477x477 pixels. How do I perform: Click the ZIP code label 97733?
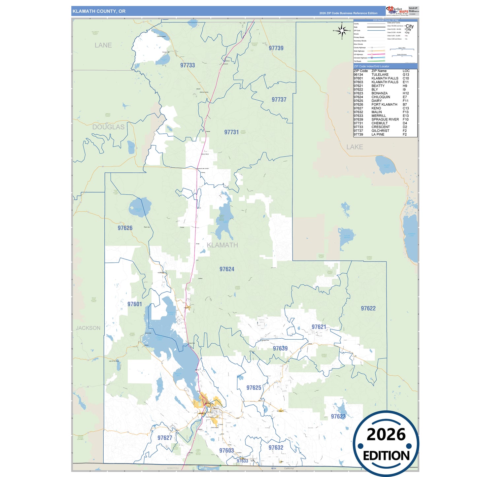[187, 65]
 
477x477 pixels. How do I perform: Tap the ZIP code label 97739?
[276, 48]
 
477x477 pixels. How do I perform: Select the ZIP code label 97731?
[231, 132]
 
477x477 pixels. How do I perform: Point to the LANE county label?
[103, 45]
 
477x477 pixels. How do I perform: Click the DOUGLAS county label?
[108, 127]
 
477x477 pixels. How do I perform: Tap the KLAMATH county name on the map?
[222, 245]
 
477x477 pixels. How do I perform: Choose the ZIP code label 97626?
[125, 228]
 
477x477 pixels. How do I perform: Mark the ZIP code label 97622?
[368, 308]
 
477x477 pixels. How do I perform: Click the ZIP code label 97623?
[338, 416]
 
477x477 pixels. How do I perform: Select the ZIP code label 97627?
[165, 438]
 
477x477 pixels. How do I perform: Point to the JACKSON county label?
[88, 328]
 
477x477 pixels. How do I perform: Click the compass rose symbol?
[342, 31]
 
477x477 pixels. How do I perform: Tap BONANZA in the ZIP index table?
[379, 93]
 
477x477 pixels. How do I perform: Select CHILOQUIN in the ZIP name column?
[381, 97]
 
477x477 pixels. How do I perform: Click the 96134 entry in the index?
[358, 75]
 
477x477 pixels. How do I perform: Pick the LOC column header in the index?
[406, 71]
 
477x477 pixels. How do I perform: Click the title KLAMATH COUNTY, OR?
[99, 11]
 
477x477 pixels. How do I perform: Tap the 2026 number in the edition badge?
[386, 434]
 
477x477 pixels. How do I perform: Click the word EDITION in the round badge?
[386, 456]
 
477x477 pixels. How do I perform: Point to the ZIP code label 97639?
[280, 348]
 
